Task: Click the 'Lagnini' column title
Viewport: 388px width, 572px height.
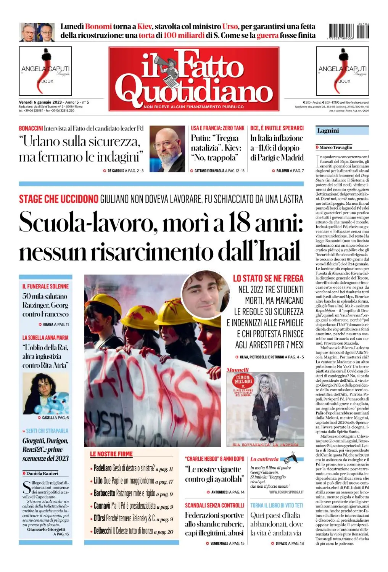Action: coord(328,131)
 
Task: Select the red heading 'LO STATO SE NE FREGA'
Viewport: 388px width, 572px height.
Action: coord(268,278)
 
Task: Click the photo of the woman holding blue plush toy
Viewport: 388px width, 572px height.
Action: coord(46,394)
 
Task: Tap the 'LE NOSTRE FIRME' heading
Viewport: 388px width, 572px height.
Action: coord(111,454)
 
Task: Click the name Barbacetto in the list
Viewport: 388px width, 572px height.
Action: coord(105,493)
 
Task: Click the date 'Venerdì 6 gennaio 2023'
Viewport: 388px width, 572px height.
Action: coord(40,102)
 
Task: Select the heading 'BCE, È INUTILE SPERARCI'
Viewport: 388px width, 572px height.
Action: coord(277,128)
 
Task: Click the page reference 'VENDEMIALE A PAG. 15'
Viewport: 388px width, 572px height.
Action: coord(227,543)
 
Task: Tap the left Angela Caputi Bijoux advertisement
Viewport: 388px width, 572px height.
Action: coord(45,71)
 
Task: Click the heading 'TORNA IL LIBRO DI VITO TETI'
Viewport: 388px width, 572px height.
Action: coord(277,505)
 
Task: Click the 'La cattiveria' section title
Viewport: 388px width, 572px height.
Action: coord(264,459)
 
